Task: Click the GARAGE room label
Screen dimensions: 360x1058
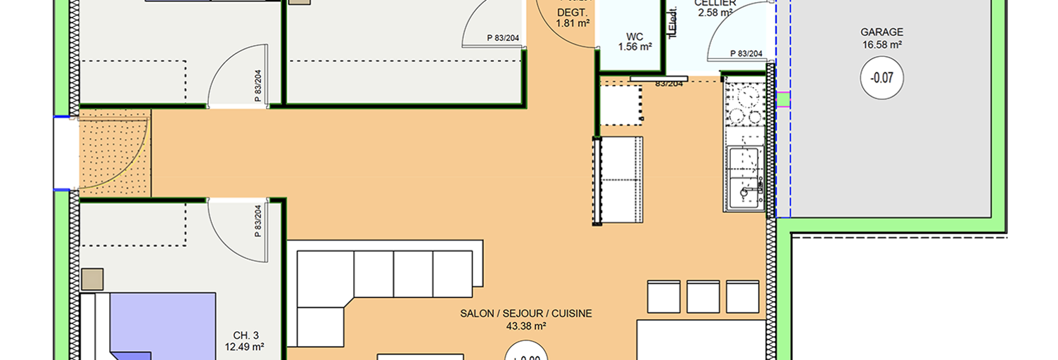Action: pyautogui.click(x=881, y=32)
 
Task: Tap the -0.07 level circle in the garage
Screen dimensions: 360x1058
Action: pyautogui.click(x=881, y=78)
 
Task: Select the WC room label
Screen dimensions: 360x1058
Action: pyautogui.click(x=635, y=37)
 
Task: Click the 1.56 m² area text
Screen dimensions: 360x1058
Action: pyautogui.click(x=635, y=47)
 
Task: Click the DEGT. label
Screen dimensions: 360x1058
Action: pyautogui.click(x=573, y=13)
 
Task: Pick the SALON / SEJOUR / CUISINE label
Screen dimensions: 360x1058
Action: pyautogui.click(x=526, y=314)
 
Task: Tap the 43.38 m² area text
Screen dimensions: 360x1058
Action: pyautogui.click(x=526, y=326)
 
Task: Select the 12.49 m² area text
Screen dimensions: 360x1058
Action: pyautogui.click(x=244, y=347)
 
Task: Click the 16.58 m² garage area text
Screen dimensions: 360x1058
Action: pyautogui.click(x=881, y=44)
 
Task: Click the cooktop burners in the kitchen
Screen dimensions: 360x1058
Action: pyautogui.click(x=744, y=104)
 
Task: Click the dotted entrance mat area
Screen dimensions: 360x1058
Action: pyautogui.click(x=115, y=151)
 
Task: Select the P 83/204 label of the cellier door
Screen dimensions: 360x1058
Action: pyautogui.click(x=746, y=53)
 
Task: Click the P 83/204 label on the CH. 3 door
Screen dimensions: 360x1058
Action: pyautogui.click(x=258, y=221)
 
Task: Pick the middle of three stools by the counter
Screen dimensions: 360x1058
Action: pyautogui.click(x=703, y=297)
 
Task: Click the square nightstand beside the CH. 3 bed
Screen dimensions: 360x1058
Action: pyautogui.click(x=92, y=279)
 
